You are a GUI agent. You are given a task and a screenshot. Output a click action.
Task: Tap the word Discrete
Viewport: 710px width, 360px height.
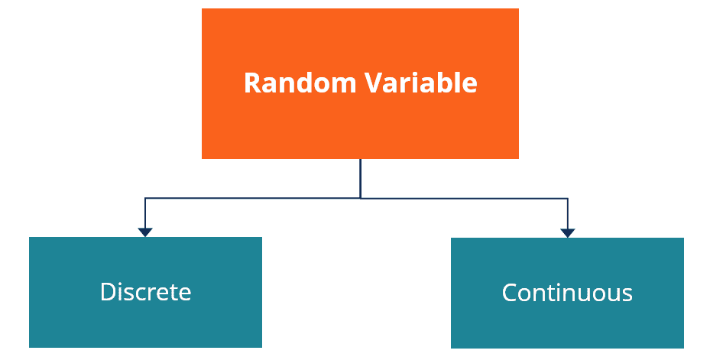145,292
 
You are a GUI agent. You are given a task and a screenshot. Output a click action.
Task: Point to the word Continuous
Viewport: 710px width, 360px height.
567,293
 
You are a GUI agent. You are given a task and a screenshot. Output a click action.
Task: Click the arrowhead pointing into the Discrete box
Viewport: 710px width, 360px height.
145,232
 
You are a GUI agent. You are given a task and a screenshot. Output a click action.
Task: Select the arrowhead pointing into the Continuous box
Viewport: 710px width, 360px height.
567,232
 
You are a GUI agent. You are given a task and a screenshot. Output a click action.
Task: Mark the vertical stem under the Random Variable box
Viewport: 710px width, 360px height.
360,178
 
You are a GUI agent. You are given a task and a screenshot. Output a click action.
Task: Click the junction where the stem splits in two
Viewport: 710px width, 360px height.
360,198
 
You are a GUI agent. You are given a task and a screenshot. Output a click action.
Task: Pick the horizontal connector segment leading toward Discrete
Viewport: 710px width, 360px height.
252,198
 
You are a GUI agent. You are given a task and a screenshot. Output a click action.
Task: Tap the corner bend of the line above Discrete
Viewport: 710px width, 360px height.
145,199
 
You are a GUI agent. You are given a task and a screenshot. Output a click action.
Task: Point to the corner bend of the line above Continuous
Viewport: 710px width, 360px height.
567,199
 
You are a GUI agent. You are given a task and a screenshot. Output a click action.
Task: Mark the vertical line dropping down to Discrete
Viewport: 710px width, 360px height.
145,214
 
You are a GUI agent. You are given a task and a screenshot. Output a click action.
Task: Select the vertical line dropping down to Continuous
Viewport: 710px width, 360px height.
567,215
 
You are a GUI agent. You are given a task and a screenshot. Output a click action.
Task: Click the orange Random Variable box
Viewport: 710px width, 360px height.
360,122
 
